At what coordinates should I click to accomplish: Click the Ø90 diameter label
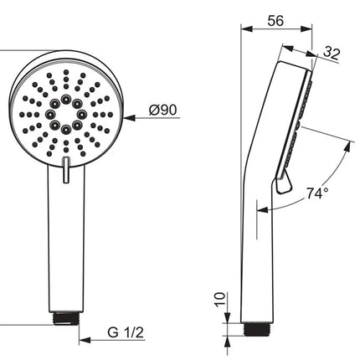[162, 110]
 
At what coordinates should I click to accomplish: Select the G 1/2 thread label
[126, 332]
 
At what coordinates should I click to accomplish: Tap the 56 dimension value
[275, 21]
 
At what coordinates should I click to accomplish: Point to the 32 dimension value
[332, 54]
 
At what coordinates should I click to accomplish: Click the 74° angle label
[317, 193]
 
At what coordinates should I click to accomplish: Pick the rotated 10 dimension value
[220, 300]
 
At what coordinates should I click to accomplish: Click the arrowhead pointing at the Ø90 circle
[130, 118]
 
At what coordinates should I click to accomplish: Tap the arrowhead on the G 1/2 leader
[85, 340]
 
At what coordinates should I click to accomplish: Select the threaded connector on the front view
[66, 319]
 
